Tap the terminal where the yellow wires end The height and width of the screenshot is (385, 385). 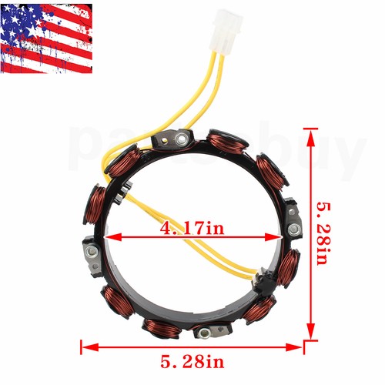262,275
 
